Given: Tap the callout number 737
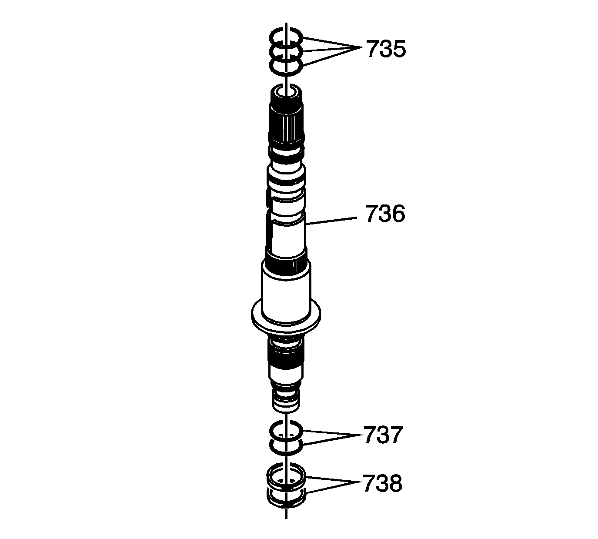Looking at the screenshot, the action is point(383,435).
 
